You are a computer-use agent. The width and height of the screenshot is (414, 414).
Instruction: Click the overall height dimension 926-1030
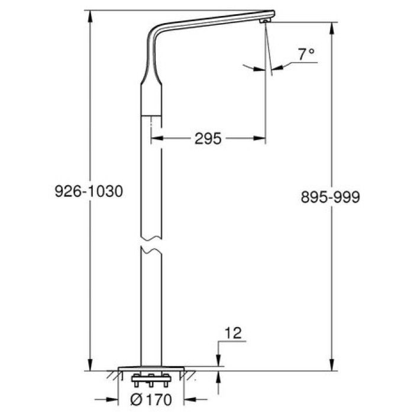click(x=88, y=192)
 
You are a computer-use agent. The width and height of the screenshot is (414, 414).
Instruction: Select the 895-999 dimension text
click(x=330, y=198)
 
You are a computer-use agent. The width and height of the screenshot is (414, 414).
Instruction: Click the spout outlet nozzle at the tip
click(x=264, y=21)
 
